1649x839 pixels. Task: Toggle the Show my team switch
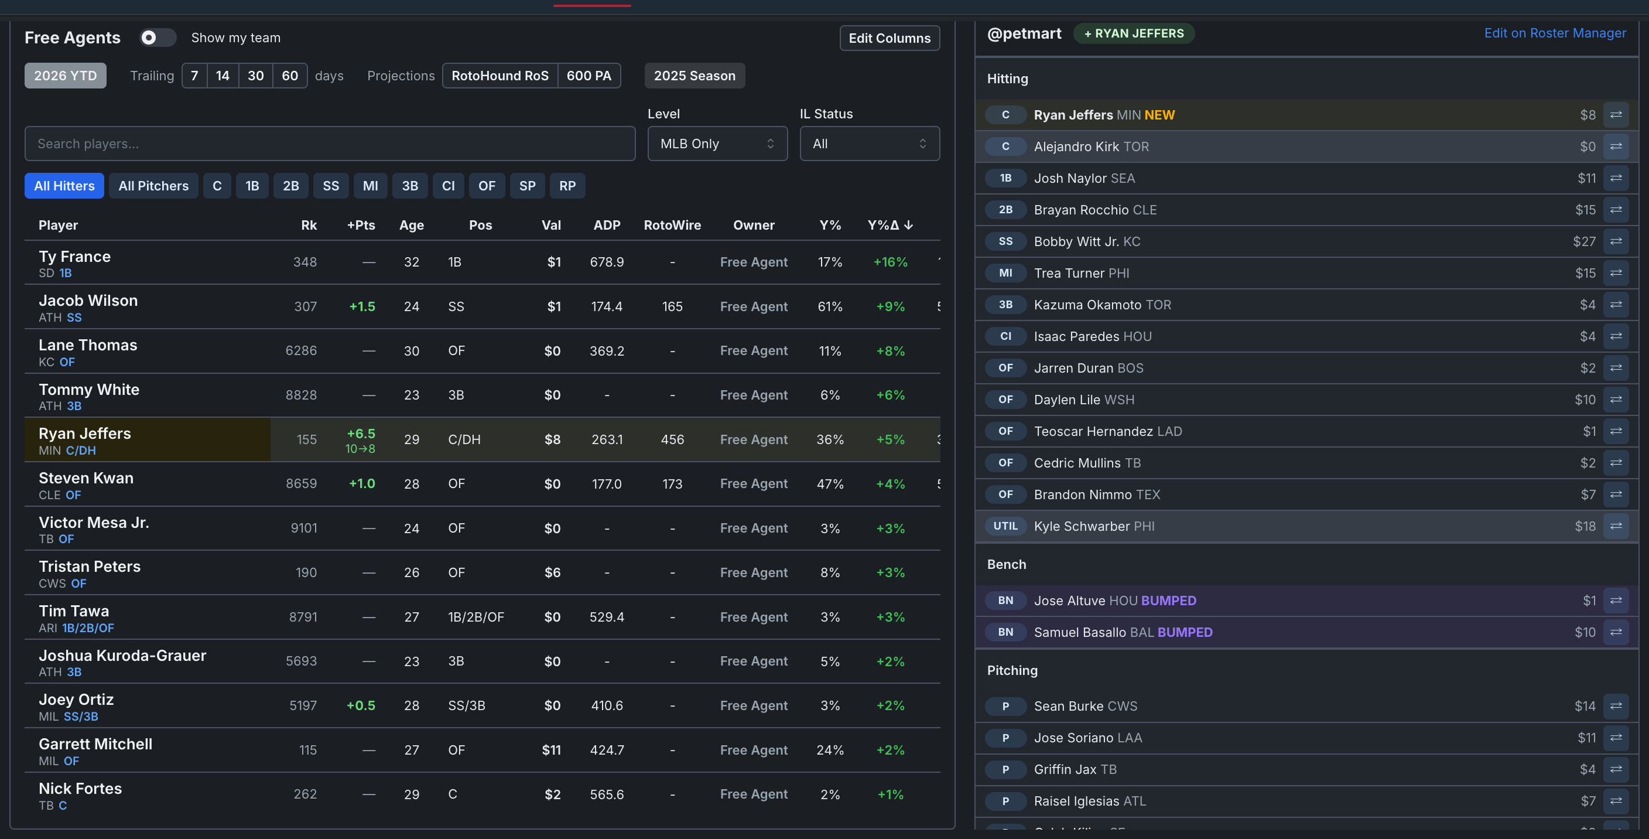pyautogui.click(x=158, y=37)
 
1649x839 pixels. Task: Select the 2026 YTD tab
pyautogui.click(x=66, y=76)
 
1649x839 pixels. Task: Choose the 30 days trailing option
pyautogui.click(x=255, y=76)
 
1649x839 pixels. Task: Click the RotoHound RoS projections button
pyautogui.click(x=500, y=76)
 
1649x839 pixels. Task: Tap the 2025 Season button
pyautogui.click(x=695, y=76)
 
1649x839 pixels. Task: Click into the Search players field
pyautogui.click(x=330, y=144)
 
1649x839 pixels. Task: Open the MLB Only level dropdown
pyautogui.click(x=717, y=144)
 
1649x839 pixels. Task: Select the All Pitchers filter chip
pyautogui.click(x=153, y=186)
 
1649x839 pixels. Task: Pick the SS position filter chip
pyautogui.click(x=331, y=186)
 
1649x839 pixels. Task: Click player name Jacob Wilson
pyautogui.click(x=88, y=301)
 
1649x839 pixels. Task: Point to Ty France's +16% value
pyautogui.click(x=891, y=262)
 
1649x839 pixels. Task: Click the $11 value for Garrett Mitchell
pyautogui.click(x=551, y=750)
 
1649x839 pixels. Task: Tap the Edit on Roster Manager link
pyautogui.click(x=1555, y=33)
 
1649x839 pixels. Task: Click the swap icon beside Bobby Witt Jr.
pyautogui.click(x=1616, y=241)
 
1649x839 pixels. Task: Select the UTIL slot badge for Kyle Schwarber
pyautogui.click(x=1005, y=526)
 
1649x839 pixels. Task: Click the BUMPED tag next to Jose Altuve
pyautogui.click(x=1168, y=601)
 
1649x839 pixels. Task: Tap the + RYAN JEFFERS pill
pyautogui.click(x=1134, y=33)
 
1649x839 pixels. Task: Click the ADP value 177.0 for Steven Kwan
pyautogui.click(x=607, y=483)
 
